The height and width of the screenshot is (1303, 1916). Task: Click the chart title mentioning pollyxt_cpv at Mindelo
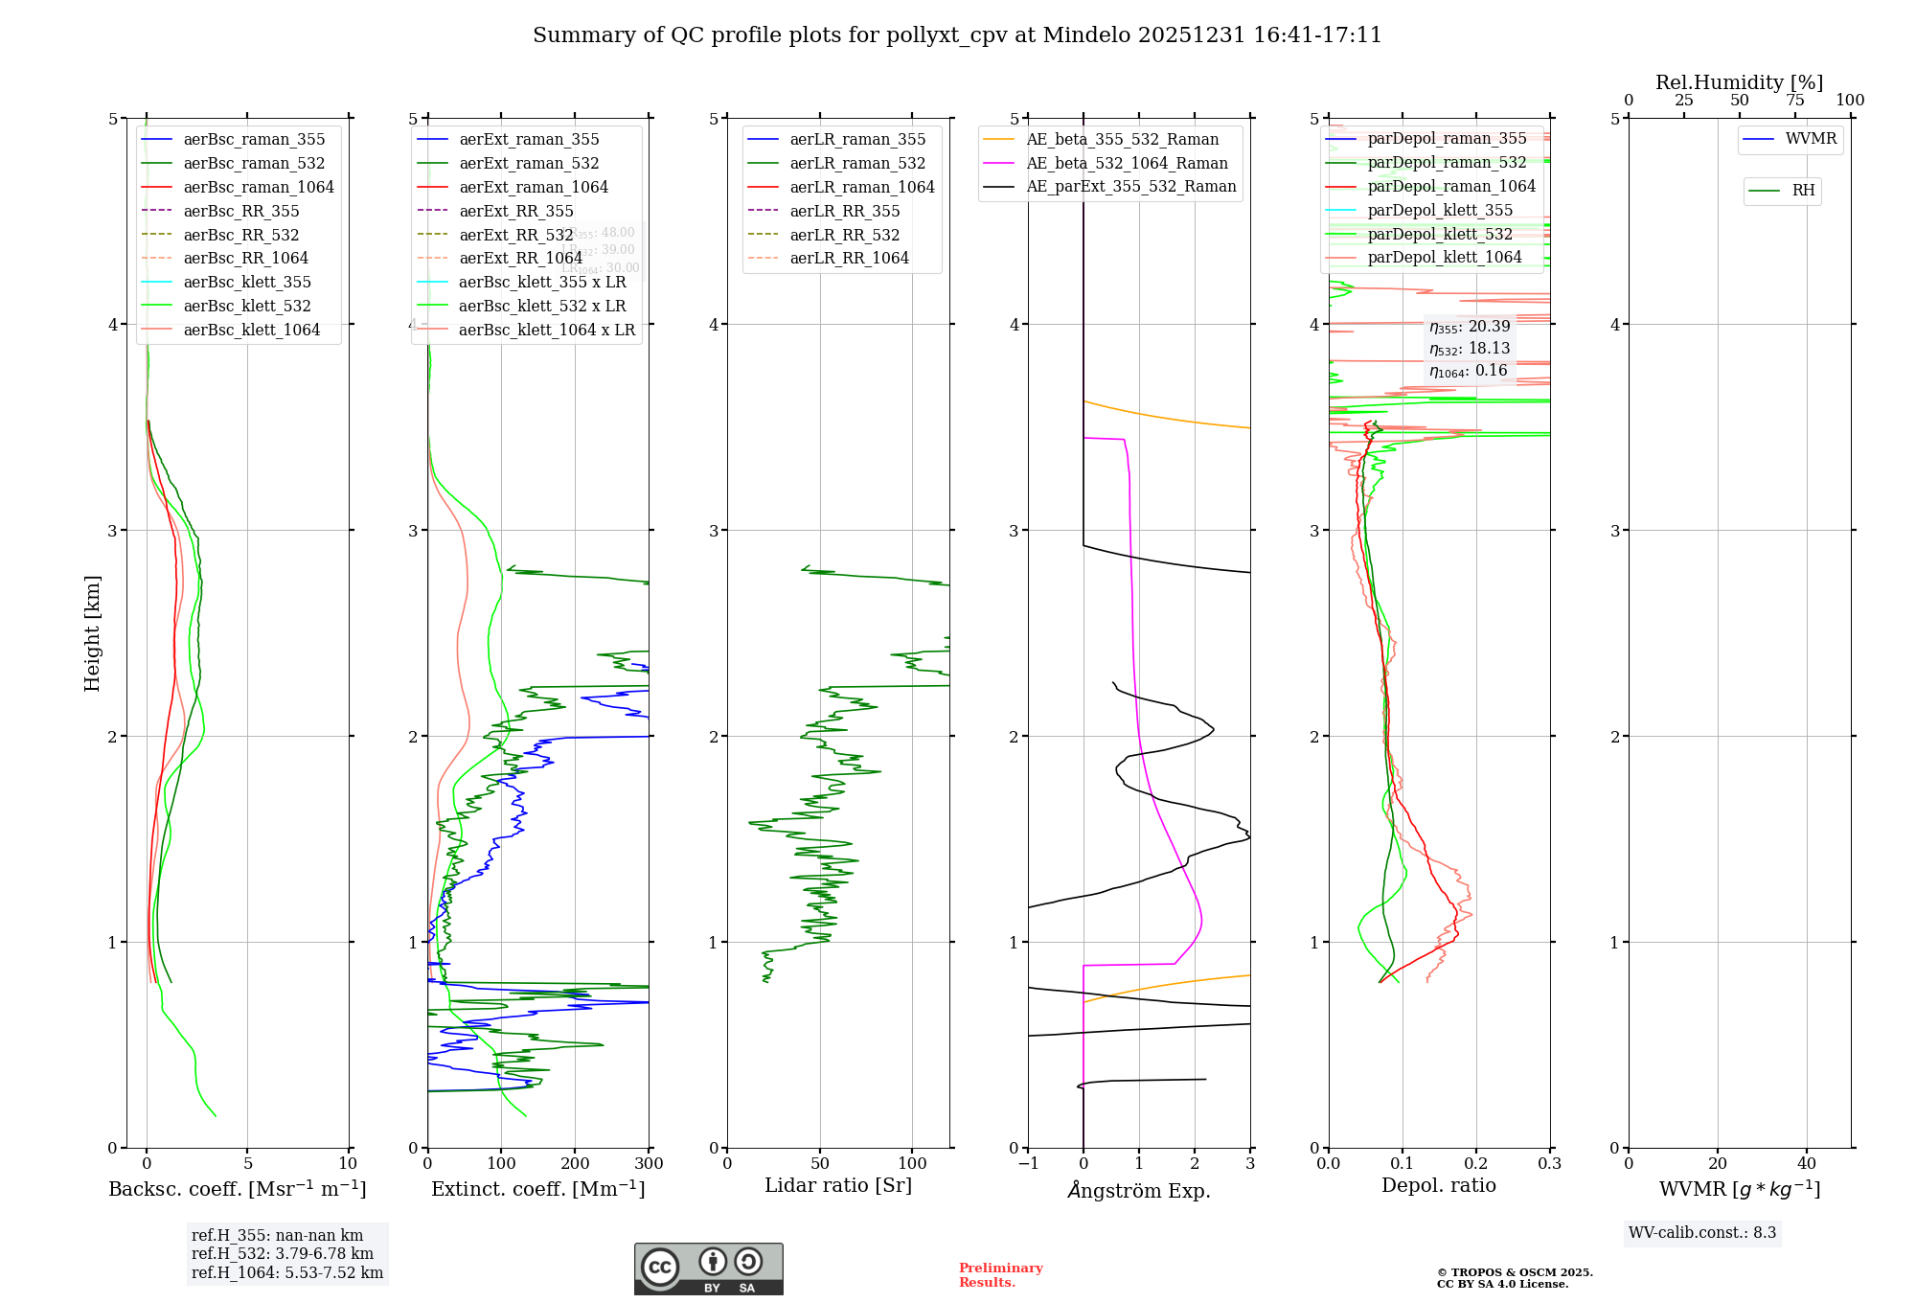pyautogui.click(x=957, y=35)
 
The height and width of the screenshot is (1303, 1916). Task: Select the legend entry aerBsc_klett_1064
pyautogui.click(x=251, y=330)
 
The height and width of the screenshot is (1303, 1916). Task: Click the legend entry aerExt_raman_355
pyautogui.click(x=529, y=140)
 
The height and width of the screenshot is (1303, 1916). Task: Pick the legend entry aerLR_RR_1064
pyautogui.click(x=849, y=259)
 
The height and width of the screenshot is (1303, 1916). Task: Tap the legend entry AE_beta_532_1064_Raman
pyautogui.click(x=1127, y=164)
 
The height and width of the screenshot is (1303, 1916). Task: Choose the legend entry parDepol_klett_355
pyautogui.click(x=1440, y=211)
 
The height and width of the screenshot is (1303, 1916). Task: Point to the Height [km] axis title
pyautogui.click(x=92, y=632)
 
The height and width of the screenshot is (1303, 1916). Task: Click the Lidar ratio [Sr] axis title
pyautogui.click(x=838, y=1185)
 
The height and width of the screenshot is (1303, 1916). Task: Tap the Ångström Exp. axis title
pyautogui.click(x=1139, y=1190)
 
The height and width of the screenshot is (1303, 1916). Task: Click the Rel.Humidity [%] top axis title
pyautogui.click(x=1739, y=82)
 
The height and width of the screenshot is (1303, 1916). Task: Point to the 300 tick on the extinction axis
pyautogui.click(x=649, y=1163)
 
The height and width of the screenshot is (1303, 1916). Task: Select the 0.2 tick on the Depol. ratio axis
pyautogui.click(x=1476, y=1163)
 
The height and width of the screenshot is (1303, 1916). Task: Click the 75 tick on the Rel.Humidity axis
pyautogui.click(x=1795, y=101)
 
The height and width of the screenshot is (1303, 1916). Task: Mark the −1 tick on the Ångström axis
pyautogui.click(x=1027, y=1163)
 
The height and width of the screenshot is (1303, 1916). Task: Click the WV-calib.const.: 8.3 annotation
pyautogui.click(x=1702, y=1233)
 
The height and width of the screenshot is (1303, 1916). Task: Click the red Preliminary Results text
pyautogui.click(x=1000, y=1275)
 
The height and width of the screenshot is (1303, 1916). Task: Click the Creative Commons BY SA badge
pyautogui.click(x=708, y=1269)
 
